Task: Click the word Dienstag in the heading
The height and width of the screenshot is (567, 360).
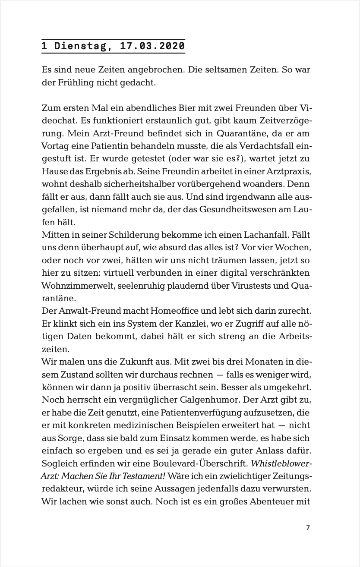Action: [80, 46]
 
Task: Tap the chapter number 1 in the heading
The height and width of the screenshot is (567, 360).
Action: [44, 46]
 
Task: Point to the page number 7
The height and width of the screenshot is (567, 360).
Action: [308, 527]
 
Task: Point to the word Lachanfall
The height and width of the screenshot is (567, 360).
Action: [267, 236]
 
